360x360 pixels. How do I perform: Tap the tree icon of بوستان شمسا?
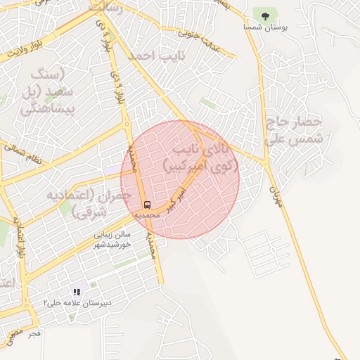click(265, 14)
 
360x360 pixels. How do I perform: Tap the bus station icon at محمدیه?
click(147, 205)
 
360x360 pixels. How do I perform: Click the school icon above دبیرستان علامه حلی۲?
click(76, 292)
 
